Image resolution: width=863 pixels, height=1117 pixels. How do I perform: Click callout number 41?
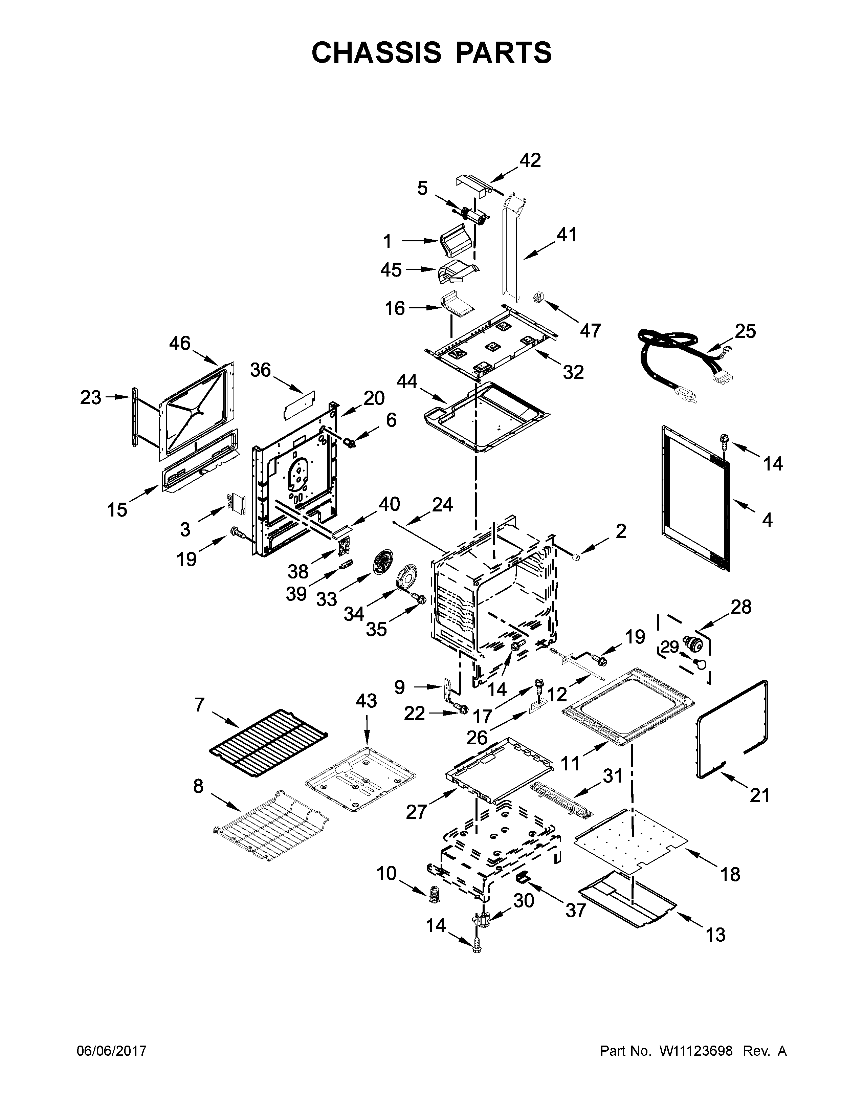tap(567, 235)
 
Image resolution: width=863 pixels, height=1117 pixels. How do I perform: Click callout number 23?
tap(90, 397)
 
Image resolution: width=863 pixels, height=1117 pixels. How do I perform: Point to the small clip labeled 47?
tap(538, 297)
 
